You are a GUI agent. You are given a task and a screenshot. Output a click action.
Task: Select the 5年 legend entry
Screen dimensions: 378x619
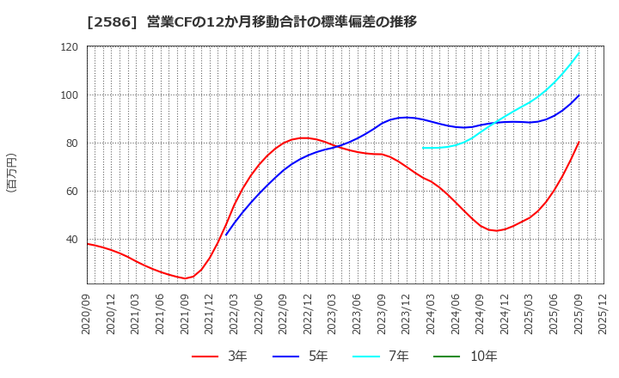(306, 357)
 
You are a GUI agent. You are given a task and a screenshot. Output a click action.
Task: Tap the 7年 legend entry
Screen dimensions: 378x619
(388, 357)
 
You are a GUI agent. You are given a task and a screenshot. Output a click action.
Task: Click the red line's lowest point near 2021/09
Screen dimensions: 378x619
(184, 278)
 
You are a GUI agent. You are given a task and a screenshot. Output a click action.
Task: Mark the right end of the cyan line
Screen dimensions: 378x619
(579, 53)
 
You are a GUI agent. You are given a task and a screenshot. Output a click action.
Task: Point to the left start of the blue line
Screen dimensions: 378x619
(226, 235)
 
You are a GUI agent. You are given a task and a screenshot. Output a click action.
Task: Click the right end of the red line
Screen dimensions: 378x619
(579, 143)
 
